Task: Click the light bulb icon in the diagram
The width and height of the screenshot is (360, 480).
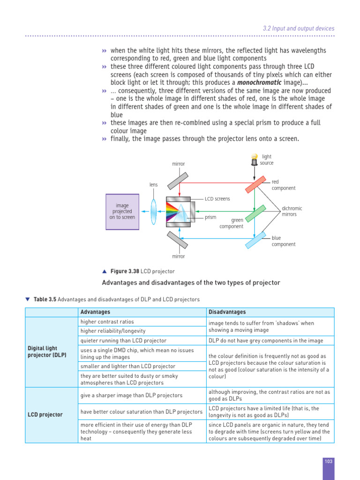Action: click(x=254, y=159)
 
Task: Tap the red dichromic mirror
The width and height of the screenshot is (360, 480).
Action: click(x=256, y=186)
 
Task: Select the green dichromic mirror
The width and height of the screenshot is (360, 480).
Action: click(x=255, y=213)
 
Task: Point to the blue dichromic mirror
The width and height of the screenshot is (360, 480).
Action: click(x=255, y=240)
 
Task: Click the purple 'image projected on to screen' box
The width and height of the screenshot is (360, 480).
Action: click(x=122, y=211)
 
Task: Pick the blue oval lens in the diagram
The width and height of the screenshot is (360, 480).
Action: click(x=153, y=211)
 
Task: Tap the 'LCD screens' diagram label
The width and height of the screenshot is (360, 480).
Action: click(x=217, y=199)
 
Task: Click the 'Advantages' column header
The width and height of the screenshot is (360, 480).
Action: click(x=95, y=312)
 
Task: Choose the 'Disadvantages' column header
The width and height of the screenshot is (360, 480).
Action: click(x=227, y=312)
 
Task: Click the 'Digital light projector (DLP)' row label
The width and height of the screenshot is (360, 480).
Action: click(x=47, y=352)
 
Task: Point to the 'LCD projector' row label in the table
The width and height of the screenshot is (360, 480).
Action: click(x=45, y=414)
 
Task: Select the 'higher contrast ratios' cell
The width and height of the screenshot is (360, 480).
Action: click(x=107, y=322)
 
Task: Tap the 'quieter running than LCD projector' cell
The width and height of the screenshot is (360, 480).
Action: click(x=123, y=341)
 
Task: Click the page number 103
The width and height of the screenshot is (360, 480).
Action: click(x=328, y=462)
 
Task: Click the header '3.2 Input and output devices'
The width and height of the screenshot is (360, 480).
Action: click(x=299, y=29)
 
